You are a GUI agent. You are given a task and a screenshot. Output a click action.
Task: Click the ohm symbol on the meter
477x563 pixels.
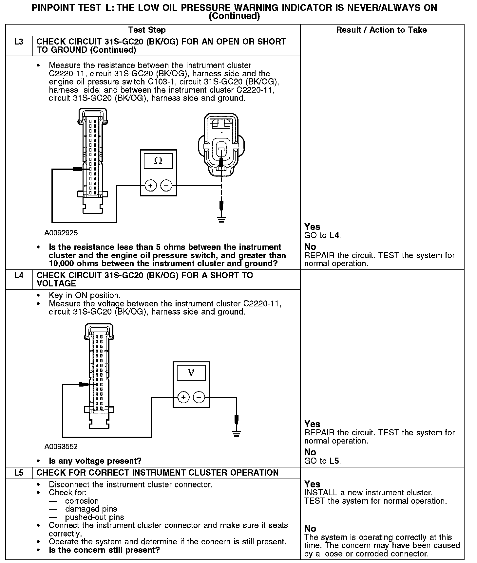158,161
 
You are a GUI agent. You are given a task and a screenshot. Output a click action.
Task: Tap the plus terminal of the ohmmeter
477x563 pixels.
150,186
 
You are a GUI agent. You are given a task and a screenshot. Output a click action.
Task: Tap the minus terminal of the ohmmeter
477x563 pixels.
166,186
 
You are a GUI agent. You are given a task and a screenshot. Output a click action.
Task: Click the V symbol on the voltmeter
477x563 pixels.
191,373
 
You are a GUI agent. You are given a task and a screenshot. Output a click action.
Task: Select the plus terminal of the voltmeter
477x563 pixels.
183,397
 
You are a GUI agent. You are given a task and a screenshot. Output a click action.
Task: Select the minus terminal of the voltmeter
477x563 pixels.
199,397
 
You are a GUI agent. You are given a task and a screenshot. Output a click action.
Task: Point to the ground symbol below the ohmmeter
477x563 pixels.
222,219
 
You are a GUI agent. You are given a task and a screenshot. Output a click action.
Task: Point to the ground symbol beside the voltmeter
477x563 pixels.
236,433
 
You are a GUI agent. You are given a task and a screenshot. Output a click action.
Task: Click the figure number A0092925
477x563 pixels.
61,233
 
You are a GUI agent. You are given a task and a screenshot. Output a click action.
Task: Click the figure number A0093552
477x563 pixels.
61,446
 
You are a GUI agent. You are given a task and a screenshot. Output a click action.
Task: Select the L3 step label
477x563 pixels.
19,42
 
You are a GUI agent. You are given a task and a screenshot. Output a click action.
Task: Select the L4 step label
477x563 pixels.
19,276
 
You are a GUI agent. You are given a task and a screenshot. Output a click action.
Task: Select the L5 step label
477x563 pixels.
19,473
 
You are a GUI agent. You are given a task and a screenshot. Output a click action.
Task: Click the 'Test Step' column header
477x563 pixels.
147,30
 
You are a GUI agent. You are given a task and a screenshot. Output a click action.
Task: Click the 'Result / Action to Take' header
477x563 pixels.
382,30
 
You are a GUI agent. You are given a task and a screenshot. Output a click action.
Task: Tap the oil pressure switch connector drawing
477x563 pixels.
221,144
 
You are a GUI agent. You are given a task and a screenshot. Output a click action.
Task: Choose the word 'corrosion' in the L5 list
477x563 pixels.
82,501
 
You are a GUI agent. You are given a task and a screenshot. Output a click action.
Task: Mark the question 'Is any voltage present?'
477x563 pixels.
95,461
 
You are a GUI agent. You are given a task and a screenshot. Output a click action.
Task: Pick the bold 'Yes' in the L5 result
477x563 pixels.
312,484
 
